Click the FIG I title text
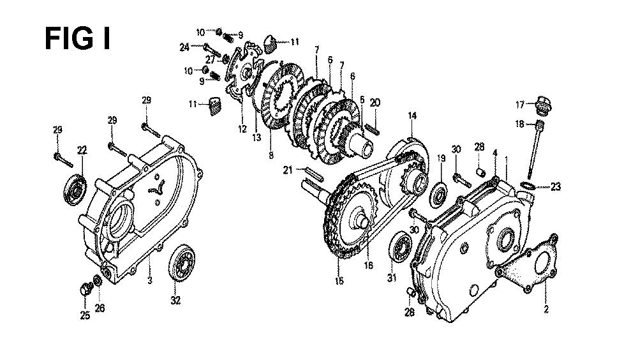[77, 39]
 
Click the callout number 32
[175, 301]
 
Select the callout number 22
[82, 150]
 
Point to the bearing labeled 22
[75, 190]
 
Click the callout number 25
[85, 315]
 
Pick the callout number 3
[150, 281]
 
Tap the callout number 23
[556, 187]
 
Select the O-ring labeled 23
[528, 186]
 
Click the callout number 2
[546, 310]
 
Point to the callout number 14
[412, 116]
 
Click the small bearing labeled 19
[439, 195]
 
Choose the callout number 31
[392, 279]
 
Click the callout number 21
[288, 170]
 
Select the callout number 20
[375, 103]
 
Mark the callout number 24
[185, 48]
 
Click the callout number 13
[256, 138]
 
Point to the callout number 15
[339, 281]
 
